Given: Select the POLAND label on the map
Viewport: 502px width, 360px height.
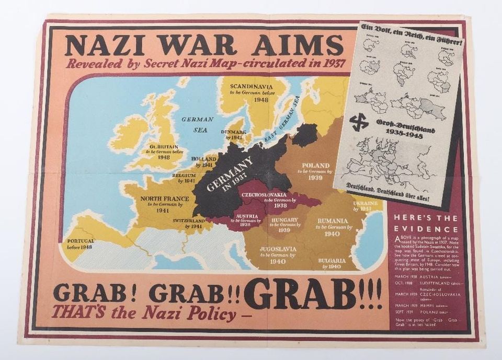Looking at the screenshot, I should (x=315, y=165).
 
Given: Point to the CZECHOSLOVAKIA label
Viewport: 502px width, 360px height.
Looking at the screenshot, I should (x=264, y=195).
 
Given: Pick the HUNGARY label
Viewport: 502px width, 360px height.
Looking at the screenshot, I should (x=284, y=220).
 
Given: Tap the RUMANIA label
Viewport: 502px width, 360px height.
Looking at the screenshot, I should (x=332, y=220).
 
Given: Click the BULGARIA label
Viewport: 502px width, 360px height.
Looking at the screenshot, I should (x=332, y=260).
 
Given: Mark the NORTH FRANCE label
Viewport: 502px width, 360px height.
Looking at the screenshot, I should (x=162, y=198).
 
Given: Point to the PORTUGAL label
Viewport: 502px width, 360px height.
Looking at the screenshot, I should (x=81, y=241).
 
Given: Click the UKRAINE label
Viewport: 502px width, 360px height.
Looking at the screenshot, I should (x=366, y=203).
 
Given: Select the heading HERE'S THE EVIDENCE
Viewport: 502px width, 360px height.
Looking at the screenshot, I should (x=426, y=223).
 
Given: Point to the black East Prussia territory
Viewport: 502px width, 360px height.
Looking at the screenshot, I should (x=304, y=135).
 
